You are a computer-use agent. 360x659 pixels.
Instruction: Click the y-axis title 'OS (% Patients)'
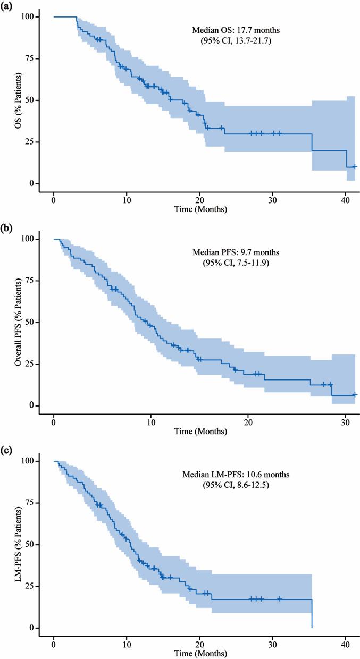(x=18, y=100)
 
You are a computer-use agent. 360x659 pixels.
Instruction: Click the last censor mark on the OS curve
(x=355, y=166)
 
